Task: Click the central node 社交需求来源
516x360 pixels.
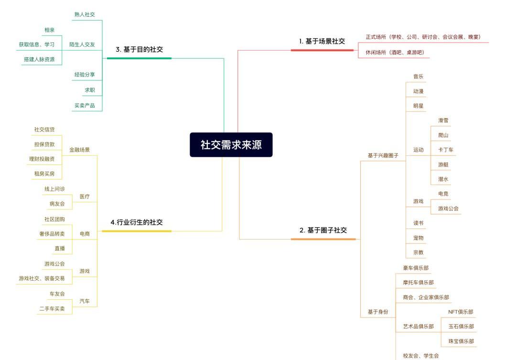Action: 231,145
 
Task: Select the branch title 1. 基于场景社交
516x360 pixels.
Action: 322,41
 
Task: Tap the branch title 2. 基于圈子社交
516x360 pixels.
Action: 323,230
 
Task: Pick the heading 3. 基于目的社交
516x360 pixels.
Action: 139,49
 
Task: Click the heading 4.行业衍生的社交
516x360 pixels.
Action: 137,222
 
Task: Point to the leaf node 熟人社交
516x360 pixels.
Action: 85,14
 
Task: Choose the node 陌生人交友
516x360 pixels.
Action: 82,44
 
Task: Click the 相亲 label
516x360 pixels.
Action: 49,30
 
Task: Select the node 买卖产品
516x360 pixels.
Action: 85,105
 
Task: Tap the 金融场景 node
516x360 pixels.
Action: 79,150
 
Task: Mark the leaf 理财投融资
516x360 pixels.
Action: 42,159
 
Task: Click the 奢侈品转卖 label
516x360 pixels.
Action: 52,234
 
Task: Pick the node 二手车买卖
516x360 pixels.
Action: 52,309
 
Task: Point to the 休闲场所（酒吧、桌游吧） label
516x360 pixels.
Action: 395,53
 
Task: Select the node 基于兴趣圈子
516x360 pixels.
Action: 383,155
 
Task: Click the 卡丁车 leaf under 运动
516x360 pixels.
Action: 446,150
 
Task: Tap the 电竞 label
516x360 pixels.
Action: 443,194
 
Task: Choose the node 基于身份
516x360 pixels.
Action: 378,312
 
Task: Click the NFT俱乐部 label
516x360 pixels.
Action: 461,312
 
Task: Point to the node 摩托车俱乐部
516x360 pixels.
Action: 418,282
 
